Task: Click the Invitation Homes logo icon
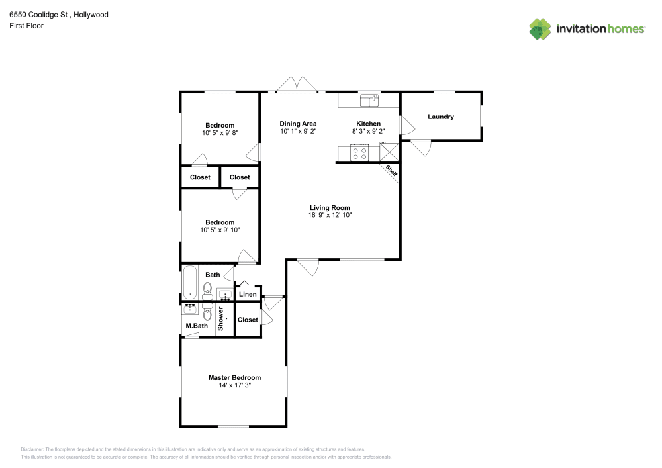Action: (x=540, y=28)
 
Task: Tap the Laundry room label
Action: (x=441, y=117)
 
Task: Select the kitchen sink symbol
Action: (x=369, y=100)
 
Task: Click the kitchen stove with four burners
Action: (x=360, y=153)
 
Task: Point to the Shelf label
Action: (x=391, y=171)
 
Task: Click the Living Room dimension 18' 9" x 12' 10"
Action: (x=330, y=215)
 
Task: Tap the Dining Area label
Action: (x=298, y=124)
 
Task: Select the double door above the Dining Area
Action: (x=297, y=85)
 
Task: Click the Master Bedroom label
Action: (x=234, y=378)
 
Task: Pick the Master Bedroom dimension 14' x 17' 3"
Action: (x=234, y=385)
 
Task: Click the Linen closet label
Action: (x=248, y=294)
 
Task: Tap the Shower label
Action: (x=221, y=318)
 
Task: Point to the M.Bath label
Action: (x=197, y=326)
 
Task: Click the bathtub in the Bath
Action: (x=189, y=283)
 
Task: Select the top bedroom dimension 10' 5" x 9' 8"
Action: (x=220, y=133)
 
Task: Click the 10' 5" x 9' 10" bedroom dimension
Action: (x=220, y=230)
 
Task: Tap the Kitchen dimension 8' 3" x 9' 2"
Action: (x=369, y=131)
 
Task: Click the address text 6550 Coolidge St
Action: (x=40, y=14)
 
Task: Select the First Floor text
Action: (x=26, y=26)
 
